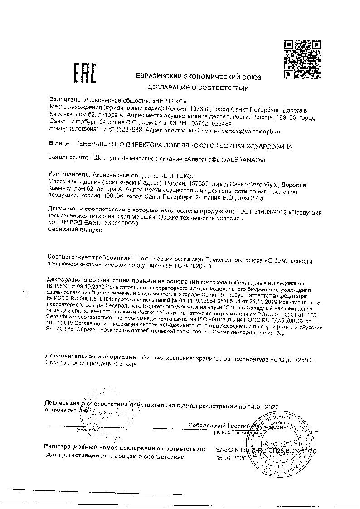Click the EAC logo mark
85,74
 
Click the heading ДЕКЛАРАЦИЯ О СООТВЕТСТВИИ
198,88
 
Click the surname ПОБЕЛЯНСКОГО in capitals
185,147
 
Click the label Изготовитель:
68,174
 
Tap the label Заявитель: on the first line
65,98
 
